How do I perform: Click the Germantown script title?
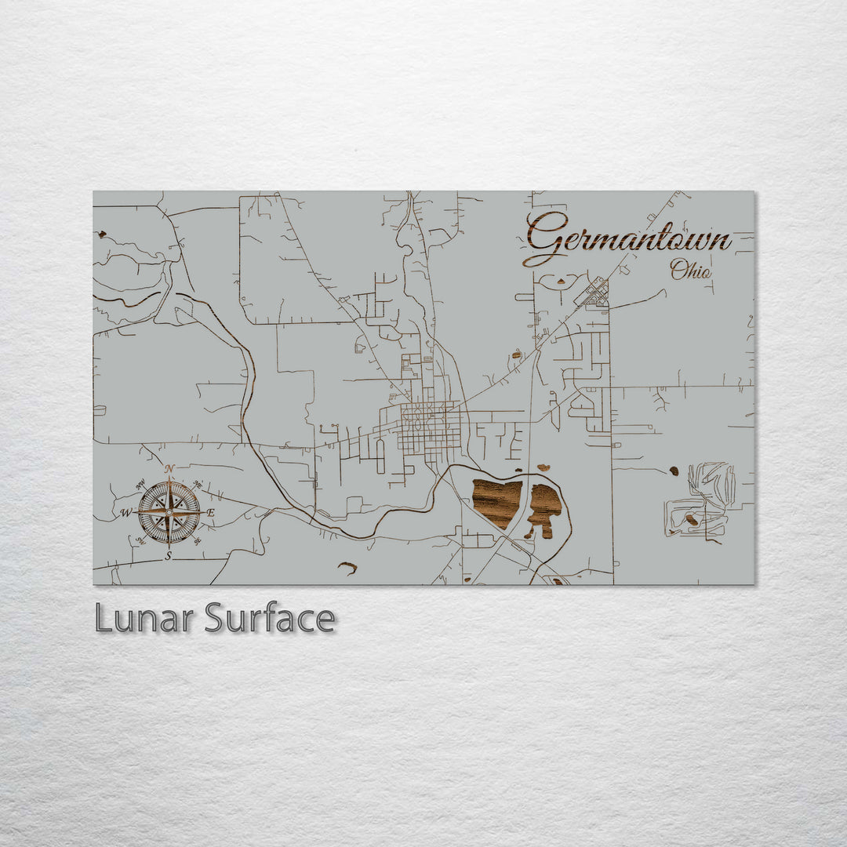(627, 238)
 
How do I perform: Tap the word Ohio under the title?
(691, 271)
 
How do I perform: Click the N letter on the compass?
(169, 468)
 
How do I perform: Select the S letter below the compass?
(168, 556)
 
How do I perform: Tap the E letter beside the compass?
(210, 513)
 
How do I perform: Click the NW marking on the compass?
(141, 485)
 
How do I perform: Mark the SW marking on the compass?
(140, 540)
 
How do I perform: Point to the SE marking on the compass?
(197, 540)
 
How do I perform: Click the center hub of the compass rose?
(169, 512)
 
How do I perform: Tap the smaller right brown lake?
(544, 508)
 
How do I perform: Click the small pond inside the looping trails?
(691, 519)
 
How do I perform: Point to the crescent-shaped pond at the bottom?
(347, 566)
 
